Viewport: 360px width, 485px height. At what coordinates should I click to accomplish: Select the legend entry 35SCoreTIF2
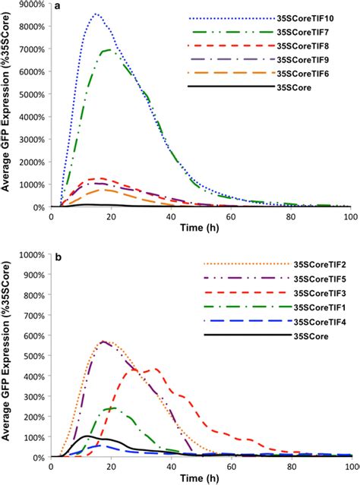click(x=311, y=265)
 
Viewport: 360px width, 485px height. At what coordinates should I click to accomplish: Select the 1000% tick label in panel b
click(x=33, y=255)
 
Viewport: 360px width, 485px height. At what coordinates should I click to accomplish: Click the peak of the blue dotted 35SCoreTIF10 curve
click(x=96, y=14)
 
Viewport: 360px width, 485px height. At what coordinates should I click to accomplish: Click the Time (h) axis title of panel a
click(x=201, y=227)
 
